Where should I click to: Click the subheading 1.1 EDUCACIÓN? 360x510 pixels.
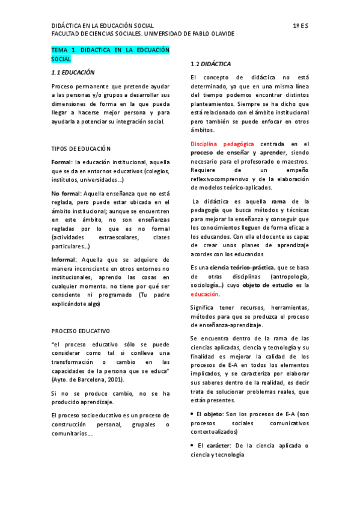tap(73, 72)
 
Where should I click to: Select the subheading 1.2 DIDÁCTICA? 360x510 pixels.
tap(210, 64)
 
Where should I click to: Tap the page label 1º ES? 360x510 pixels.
tap(301, 26)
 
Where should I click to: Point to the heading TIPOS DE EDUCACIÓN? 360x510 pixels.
tap(81, 149)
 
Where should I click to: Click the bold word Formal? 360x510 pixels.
tap(61, 163)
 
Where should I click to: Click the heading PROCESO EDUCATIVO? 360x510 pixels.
tap(81, 331)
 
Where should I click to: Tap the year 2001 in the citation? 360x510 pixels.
tap(114, 381)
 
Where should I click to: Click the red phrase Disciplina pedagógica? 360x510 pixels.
tap(222, 144)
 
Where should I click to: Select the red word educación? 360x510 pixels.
tap(205, 295)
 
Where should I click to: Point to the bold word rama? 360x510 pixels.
tap(278, 201)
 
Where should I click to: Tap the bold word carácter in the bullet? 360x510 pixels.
tap(218, 446)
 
